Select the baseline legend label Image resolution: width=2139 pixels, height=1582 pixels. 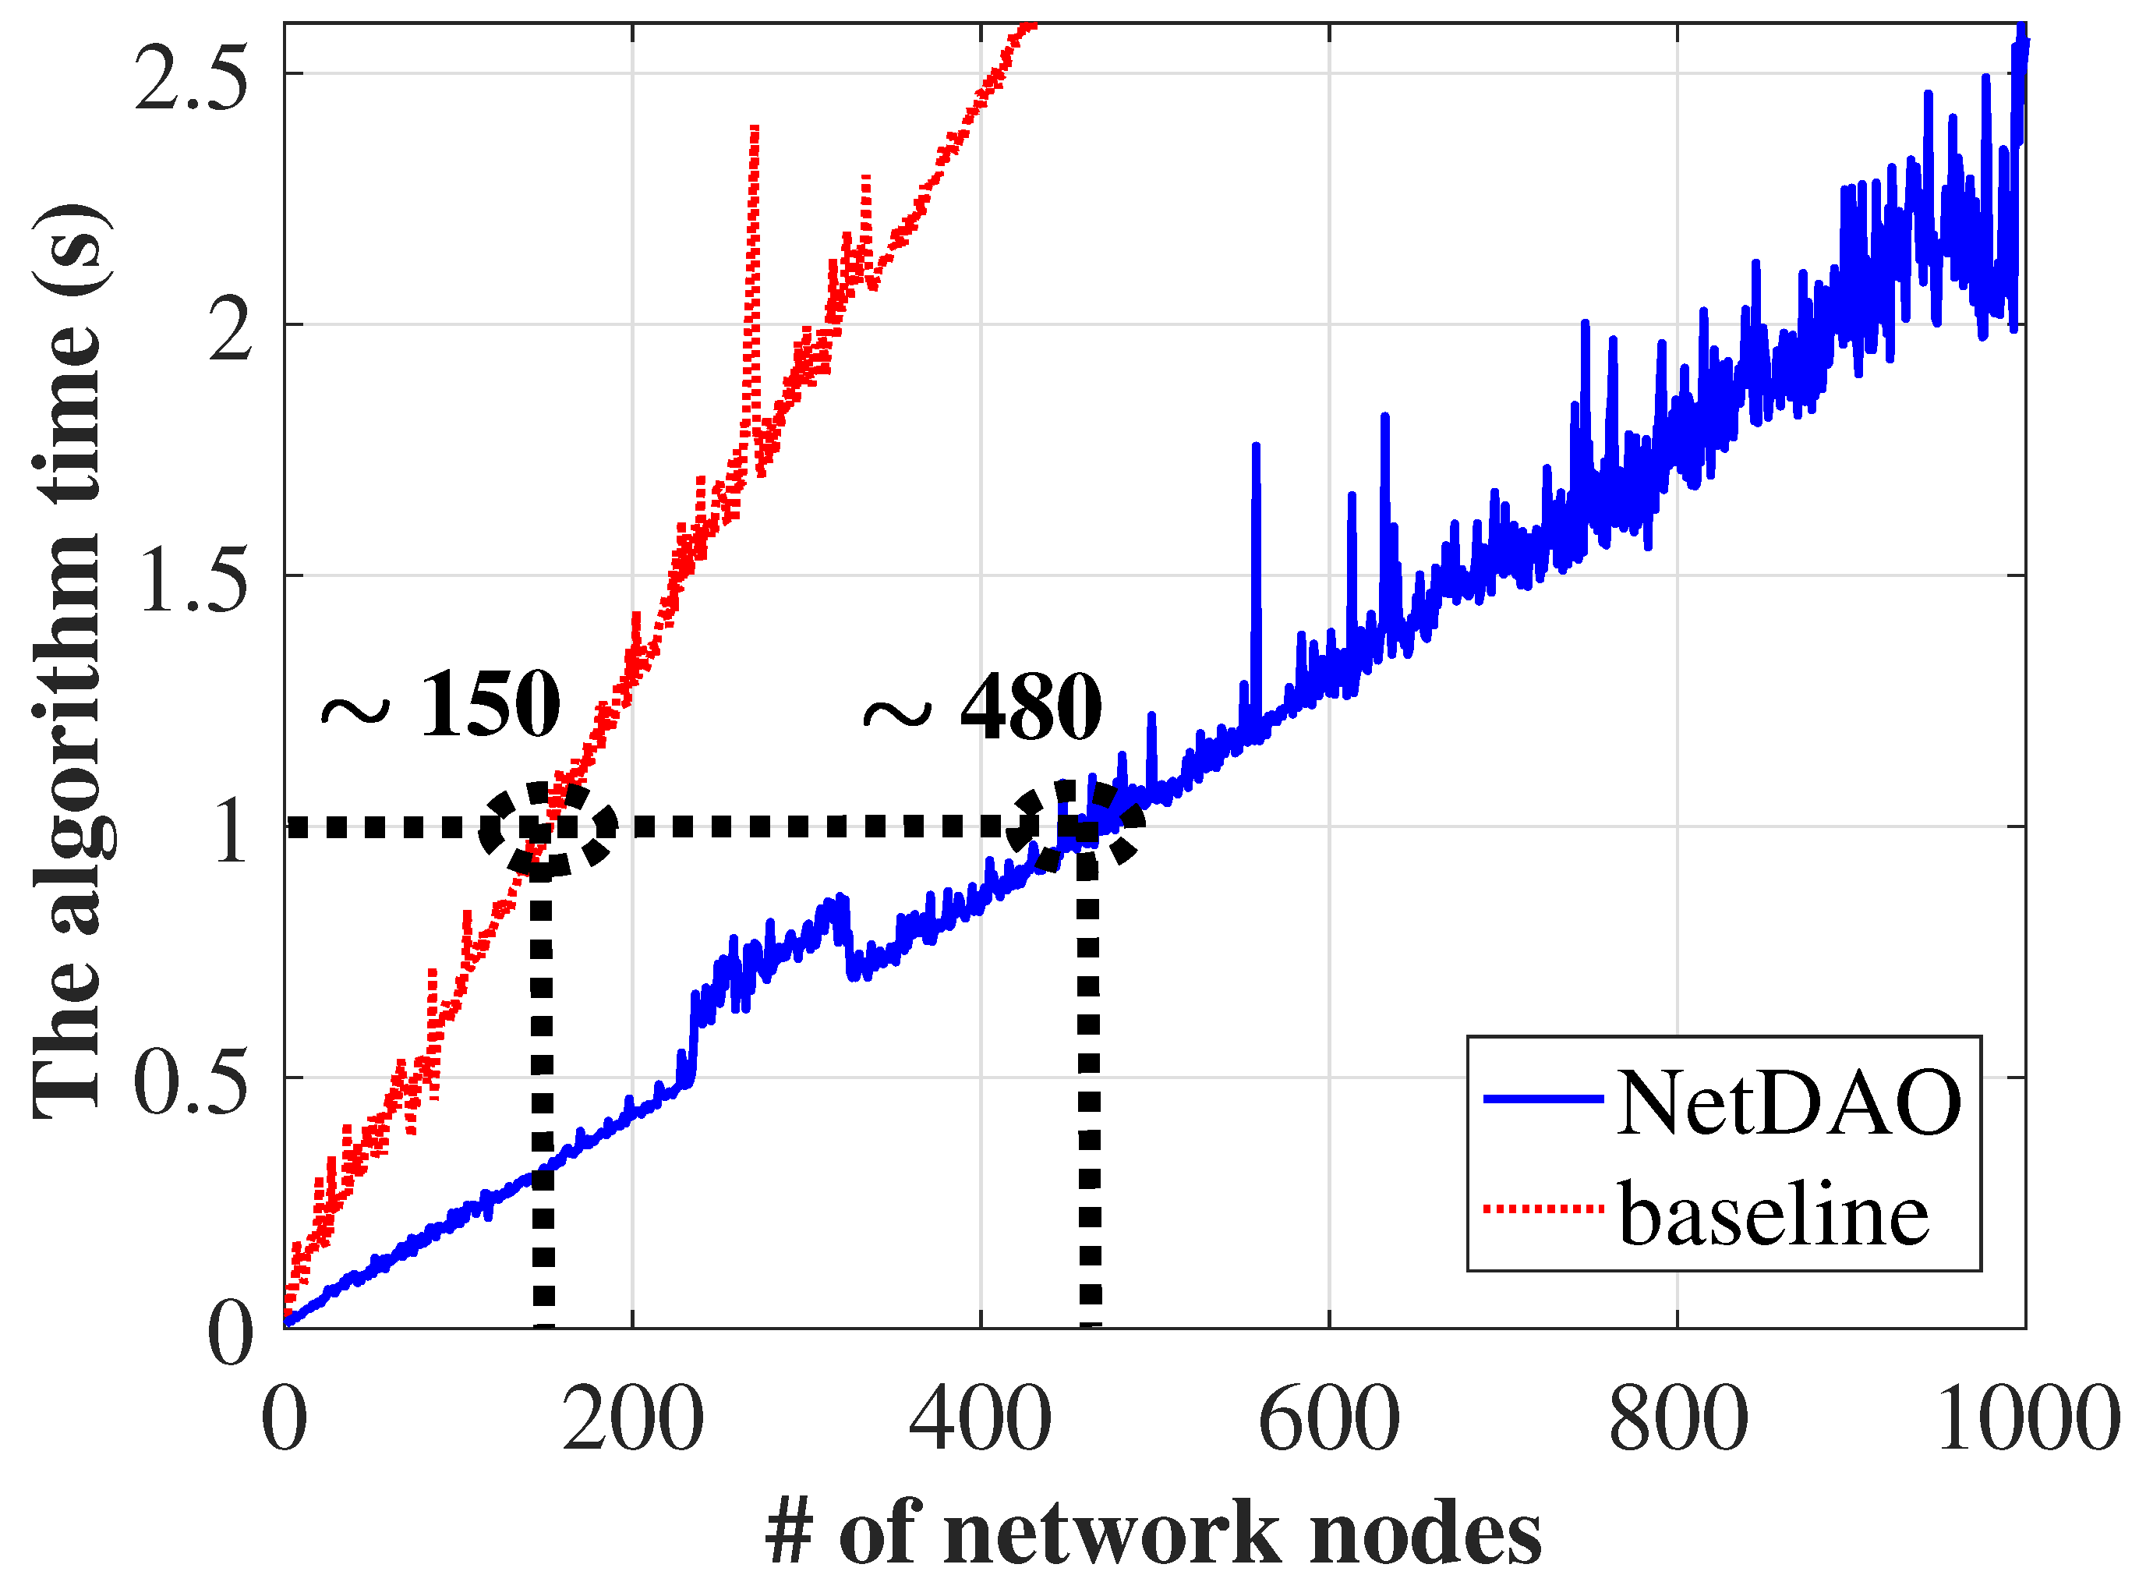pyautogui.click(x=1773, y=1214)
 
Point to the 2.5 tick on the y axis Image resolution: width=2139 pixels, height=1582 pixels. pyautogui.click(x=192, y=76)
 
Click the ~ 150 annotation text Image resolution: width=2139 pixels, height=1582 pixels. pyautogui.click(x=440, y=706)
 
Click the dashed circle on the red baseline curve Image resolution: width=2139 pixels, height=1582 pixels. pyautogui.click(x=548, y=828)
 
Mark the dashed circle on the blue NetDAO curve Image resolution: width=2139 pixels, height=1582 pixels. pyautogui.click(x=1077, y=826)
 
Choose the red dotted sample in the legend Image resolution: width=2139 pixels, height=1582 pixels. pyautogui.click(x=1543, y=1209)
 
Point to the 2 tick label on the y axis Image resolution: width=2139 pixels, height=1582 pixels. pyautogui.click(x=228, y=330)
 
